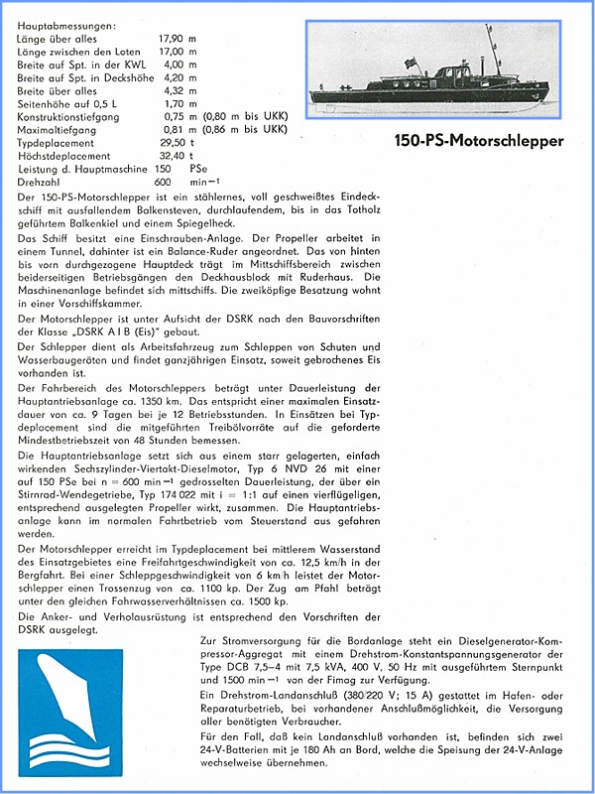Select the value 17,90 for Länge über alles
point(173,39)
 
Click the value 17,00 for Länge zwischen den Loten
point(173,52)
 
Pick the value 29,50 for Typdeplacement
point(173,143)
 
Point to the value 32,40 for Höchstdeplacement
point(173,156)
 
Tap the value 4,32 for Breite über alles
point(175,90)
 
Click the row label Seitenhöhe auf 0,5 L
point(64,103)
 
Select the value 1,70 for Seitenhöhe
point(175,103)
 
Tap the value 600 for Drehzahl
point(164,182)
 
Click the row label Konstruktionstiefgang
point(69,116)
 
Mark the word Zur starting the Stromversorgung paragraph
point(208,642)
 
